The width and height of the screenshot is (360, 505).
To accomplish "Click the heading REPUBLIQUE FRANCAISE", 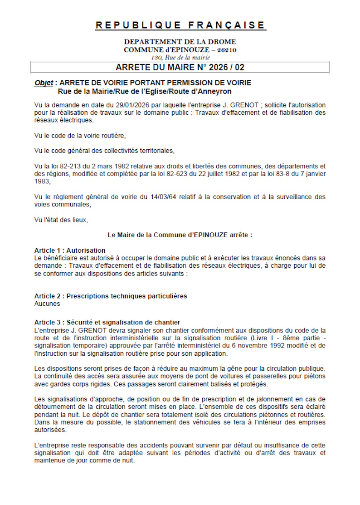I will pos(180,25).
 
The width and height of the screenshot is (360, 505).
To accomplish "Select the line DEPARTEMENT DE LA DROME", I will pos(180,42).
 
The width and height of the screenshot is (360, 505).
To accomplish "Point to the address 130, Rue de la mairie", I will pos(180,57).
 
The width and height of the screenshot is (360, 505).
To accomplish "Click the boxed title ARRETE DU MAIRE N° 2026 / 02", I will pos(180,68).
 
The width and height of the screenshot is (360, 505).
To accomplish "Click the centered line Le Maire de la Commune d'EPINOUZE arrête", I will pos(180,235).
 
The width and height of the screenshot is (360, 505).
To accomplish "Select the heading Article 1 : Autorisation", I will pos(70,250).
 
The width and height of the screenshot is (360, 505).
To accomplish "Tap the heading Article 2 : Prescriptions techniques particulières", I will pos(111,296).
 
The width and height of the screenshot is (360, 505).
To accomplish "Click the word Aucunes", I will pos(47,304).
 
